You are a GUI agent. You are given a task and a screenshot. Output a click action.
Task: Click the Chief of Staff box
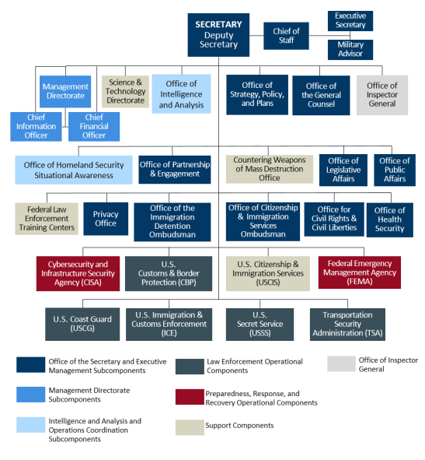point(286,36)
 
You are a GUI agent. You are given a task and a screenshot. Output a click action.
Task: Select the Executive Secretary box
point(350,21)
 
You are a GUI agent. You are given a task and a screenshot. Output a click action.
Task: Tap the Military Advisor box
point(350,50)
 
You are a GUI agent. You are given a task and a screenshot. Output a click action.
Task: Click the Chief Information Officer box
point(36,127)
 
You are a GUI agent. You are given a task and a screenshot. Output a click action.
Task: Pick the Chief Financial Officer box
point(94,127)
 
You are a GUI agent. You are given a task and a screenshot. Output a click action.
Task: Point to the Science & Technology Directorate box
point(125,92)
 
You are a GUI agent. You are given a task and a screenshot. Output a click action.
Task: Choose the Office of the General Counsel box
point(321,95)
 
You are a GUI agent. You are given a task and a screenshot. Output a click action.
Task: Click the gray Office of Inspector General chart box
point(382,95)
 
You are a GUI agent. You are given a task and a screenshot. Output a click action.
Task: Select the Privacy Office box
point(106,219)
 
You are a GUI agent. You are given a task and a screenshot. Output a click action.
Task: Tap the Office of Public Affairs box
point(395,170)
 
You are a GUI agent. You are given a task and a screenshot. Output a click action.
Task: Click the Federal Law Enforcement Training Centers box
point(47,219)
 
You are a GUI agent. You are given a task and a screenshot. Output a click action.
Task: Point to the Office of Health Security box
point(390,219)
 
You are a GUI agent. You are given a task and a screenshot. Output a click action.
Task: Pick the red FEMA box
point(360,272)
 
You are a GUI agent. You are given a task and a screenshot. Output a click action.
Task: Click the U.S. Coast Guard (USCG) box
point(82,324)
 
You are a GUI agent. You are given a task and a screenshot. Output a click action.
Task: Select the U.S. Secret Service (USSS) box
point(260,324)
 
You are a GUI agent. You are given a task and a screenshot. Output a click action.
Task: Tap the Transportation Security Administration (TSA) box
point(347,324)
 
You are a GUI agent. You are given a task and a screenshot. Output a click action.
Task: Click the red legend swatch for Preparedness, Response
point(190,397)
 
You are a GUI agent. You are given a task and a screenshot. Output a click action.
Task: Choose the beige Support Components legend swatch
point(190,427)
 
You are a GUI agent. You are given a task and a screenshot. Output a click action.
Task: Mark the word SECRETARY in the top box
point(218,24)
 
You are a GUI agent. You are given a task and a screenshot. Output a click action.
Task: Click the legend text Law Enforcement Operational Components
point(255,366)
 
